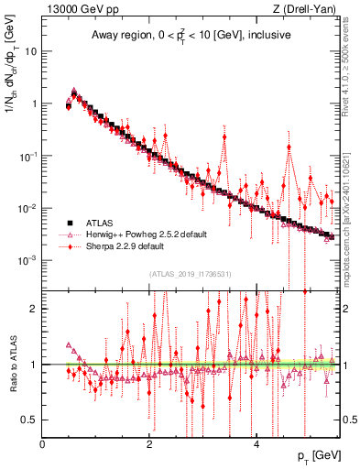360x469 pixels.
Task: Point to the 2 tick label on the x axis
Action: click(x=149, y=444)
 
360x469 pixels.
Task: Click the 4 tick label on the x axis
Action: click(x=256, y=444)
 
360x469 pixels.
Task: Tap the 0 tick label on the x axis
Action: click(x=43, y=444)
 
